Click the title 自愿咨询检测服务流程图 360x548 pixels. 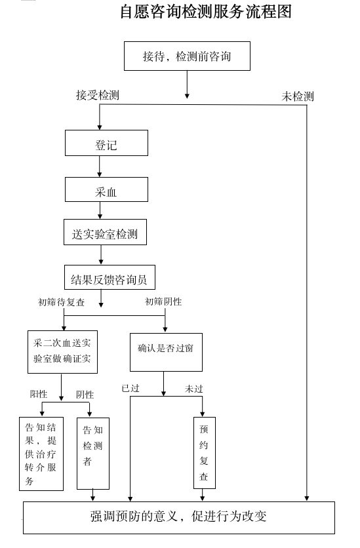[x=205, y=12]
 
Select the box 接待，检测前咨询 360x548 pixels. [x=187, y=56]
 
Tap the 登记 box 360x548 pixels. [x=106, y=143]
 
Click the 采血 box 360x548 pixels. [x=106, y=189]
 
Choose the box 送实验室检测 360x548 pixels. [x=105, y=232]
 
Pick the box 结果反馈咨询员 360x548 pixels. [x=110, y=277]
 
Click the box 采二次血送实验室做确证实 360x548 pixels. [x=62, y=352]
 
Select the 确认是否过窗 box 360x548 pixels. [x=166, y=352]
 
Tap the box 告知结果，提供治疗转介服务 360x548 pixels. [x=41, y=454]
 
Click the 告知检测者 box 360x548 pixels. [x=93, y=454]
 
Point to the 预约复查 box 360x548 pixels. [x=205, y=452]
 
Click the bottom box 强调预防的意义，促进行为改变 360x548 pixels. [x=179, y=518]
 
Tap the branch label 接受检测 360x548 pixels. [x=98, y=95]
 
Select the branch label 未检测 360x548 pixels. [x=298, y=96]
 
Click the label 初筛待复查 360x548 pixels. [x=62, y=302]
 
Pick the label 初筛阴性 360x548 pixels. [x=163, y=302]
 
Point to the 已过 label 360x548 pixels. [x=130, y=388]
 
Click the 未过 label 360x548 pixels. [x=194, y=389]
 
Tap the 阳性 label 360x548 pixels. [x=39, y=394]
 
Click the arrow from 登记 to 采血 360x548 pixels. [x=100, y=166]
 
